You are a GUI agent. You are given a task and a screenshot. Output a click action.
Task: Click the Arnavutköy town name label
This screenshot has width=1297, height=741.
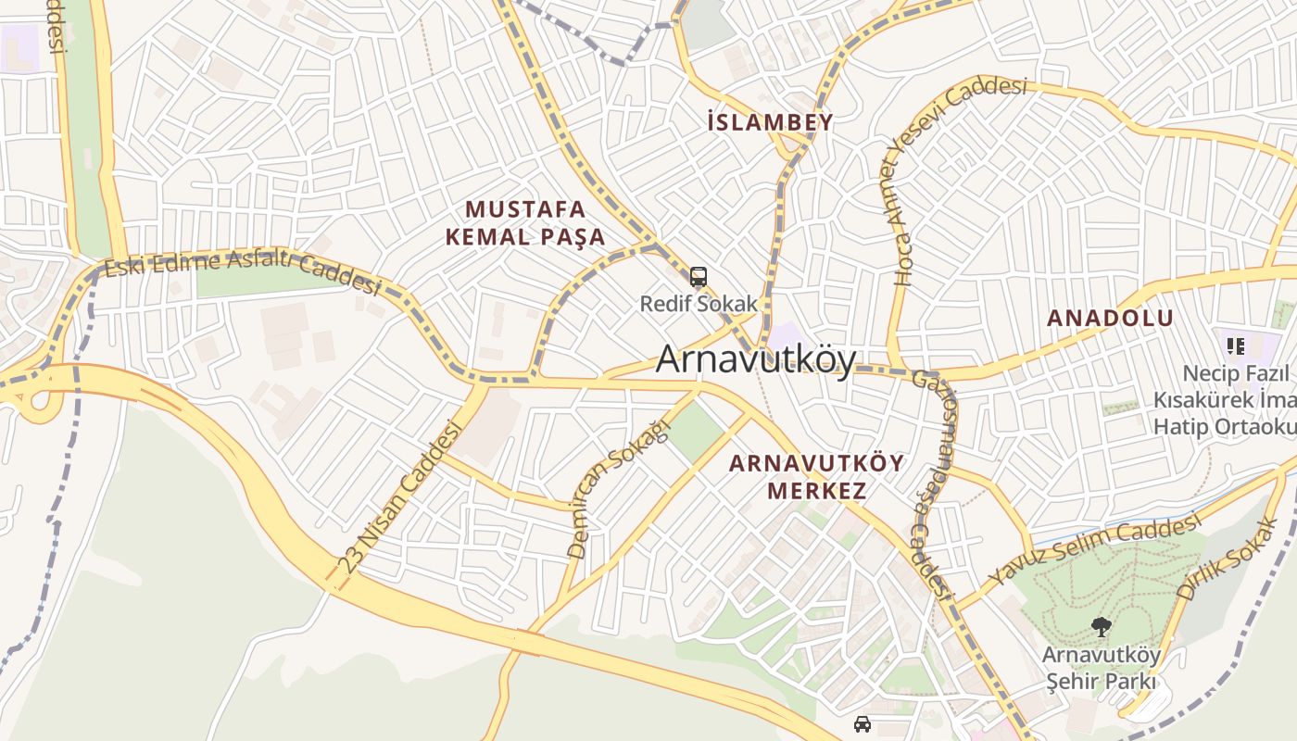click(x=755, y=360)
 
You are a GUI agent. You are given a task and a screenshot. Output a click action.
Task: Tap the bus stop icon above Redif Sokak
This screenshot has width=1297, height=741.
click(x=699, y=277)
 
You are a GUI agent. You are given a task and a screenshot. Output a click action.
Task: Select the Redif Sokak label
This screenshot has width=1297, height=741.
click(x=699, y=304)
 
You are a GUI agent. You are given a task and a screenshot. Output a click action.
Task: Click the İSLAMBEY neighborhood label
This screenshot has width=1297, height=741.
click(x=769, y=122)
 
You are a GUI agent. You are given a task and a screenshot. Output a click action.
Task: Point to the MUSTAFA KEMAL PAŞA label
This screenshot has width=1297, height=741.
click(x=525, y=223)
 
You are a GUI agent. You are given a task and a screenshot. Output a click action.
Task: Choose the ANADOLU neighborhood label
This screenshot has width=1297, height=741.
click(x=1110, y=319)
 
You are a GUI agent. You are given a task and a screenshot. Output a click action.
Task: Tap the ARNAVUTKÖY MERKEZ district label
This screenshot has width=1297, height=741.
click(x=816, y=477)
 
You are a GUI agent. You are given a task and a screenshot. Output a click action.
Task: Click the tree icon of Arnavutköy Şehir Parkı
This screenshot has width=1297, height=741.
click(x=1101, y=627)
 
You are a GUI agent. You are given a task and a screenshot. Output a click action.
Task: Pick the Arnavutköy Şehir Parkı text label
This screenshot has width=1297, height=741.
click(x=1101, y=668)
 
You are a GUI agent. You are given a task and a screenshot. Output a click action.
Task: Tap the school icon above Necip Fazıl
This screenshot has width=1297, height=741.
click(x=1235, y=346)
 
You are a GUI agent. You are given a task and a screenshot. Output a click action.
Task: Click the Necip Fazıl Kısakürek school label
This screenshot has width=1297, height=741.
click(x=1223, y=400)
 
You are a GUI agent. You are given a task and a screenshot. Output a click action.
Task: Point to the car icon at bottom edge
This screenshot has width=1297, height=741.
click(x=862, y=723)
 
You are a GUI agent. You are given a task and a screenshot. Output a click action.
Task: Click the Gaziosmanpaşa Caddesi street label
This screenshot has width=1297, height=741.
click(x=929, y=482)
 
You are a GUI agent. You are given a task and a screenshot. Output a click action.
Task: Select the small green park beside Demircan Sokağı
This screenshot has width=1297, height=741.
click(x=695, y=432)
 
